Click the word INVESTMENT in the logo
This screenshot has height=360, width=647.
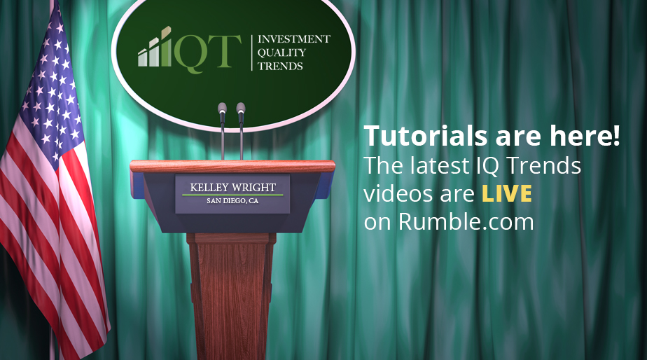[x=294, y=39]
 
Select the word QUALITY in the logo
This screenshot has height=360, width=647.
[x=281, y=53]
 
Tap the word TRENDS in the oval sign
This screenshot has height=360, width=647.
[x=280, y=66]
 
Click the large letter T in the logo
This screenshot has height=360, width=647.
[x=225, y=51]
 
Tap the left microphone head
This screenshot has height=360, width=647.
[x=223, y=108]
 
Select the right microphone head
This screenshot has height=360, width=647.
[x=241, y=108]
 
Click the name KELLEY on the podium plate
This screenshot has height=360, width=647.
[x=209, y=188]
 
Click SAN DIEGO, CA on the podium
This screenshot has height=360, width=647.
[x=232, y=201]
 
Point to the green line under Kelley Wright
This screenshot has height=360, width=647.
[x=232, y=195]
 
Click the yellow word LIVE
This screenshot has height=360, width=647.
[x=507, y=193]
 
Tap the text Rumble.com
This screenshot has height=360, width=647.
[x=466, y=222]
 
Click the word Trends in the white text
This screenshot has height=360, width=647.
[x=543, y=165]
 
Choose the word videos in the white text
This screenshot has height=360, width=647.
[x=398, y=193]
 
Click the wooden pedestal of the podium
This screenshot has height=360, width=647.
[x=232, y=295]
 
